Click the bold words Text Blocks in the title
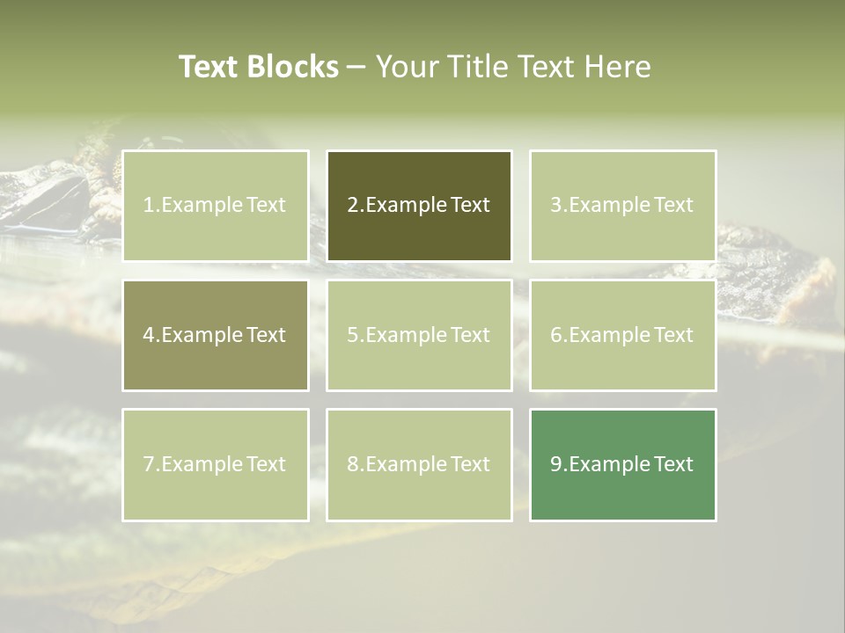tap(258, 67)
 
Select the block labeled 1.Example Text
tap(216, 206)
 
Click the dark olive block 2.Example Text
tap(419, 206)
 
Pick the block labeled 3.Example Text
tap(622, 206)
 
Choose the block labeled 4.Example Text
tap(216, 335)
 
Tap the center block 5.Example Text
tap(419, 335)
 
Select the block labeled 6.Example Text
tap(622, 335)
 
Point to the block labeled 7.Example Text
tap(216, 464)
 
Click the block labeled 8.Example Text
tap(419, 464)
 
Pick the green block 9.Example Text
tap(622, 464)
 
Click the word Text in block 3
tap(674, 206)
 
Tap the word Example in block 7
tap(202, 464)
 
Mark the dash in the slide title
tap(356, 68)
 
